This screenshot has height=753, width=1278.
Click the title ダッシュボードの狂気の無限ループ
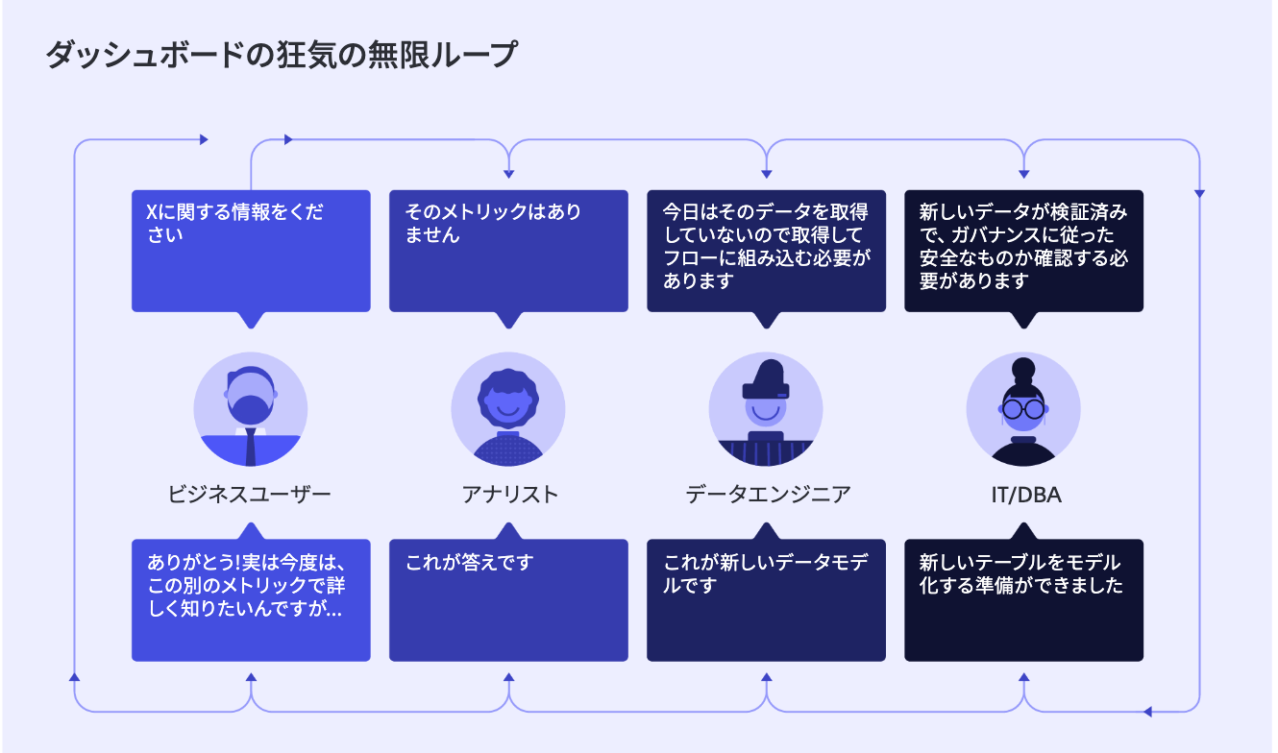coord(282,55)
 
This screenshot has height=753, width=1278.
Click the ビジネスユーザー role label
coord(249,494)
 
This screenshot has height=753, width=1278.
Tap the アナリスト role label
coord(509,494)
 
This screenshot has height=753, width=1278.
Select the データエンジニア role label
coord(768,494)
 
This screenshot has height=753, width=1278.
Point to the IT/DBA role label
coord(1026,495)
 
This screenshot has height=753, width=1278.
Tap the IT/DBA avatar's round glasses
coord(1023,409)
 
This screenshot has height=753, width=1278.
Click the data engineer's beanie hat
coord(767,379)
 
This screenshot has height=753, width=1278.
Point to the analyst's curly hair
coord(508,388)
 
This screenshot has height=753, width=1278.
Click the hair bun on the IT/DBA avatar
coord(1023,370)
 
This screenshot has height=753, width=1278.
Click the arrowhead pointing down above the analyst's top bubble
coord(509,174)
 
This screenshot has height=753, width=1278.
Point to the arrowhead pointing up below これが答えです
coord(509,677)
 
